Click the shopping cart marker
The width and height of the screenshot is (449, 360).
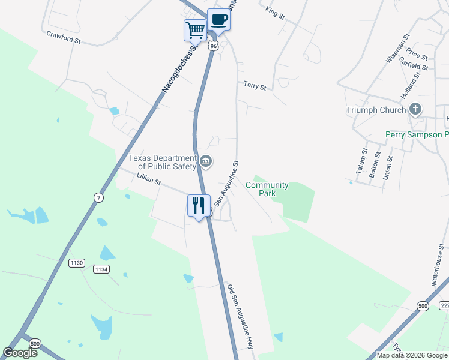194,29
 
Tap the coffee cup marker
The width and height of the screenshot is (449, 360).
218,20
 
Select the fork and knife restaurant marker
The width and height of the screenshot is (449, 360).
199,205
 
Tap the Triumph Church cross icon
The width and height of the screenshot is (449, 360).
415,109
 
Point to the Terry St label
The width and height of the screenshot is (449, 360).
255,86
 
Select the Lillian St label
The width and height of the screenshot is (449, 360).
149,179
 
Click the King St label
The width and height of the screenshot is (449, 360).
274,11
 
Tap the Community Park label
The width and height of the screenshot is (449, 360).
267,190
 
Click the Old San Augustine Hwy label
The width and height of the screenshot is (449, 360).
240,316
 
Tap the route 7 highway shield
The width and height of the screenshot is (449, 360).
98,197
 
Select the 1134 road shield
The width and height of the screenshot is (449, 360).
101,269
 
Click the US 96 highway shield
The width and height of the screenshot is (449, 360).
213,46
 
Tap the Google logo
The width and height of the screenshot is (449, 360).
20,352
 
